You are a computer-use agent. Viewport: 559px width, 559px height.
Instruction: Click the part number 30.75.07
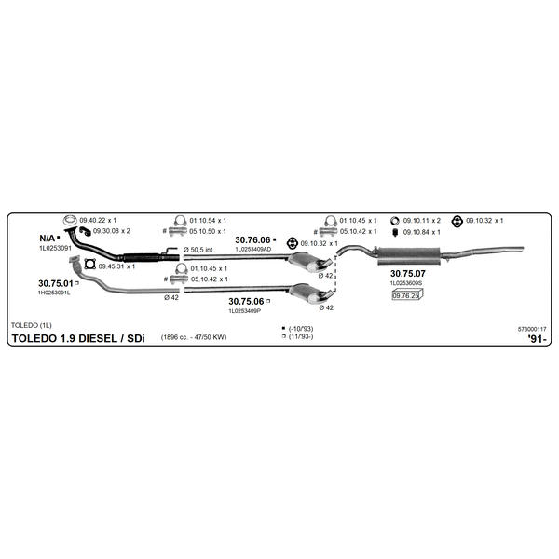click(x=407, y=273)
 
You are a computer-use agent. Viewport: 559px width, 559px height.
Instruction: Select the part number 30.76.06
click(x=252, y=240)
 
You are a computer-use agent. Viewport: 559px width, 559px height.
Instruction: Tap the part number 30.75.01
click(x=56, y=283)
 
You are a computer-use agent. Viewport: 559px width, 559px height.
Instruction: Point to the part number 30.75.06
click(x=246, y=301)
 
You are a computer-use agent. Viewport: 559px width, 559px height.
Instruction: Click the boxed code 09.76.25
click(x=405, y=295)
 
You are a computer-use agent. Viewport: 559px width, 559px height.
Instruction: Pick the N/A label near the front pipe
click(x=48, y=239)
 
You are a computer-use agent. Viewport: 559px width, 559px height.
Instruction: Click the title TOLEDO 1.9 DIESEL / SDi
click(x=78, y=338)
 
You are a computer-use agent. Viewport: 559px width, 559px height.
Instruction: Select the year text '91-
click(x=537, y=339)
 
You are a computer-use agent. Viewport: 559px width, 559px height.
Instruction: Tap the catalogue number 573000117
click(x=532, y=329)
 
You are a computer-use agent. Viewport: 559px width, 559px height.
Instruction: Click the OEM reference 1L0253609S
click(x=406, y=283)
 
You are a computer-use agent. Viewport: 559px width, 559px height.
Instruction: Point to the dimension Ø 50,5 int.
click(x=199, y=250)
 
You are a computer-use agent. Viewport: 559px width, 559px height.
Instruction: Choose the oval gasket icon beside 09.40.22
click(x=70, y=220)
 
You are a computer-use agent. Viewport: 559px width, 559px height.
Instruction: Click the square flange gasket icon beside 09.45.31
click(x=90, y=265)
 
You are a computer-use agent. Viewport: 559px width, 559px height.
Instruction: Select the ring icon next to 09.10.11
click(x=395, y=221)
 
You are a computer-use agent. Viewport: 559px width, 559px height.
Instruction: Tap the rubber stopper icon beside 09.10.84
click(x=395, y=232)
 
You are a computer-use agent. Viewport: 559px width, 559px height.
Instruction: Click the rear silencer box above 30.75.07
click(x=409, y=256)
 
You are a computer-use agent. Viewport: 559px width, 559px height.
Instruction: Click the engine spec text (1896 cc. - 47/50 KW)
click(x=194, y=337)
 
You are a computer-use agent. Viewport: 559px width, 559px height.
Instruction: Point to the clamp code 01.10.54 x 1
click(x=208, y=220)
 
